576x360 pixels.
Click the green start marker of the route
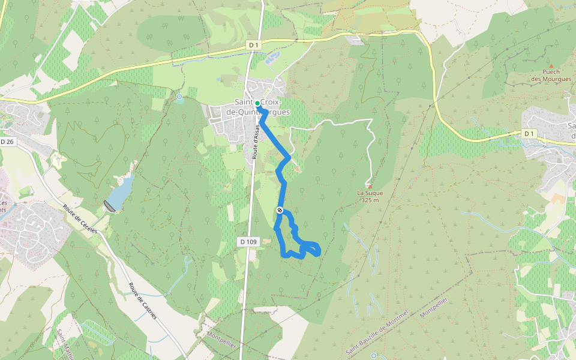pos(257,103)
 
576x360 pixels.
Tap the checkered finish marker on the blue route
pos(280,209)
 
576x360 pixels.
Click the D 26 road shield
pos(7,142)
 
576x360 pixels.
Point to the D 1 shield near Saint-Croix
pos(254,45)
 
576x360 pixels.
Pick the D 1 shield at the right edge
pos(528,133)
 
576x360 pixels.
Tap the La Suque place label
pos(370,193)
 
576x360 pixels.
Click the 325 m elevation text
pos(370,200)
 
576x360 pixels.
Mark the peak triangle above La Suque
pos(370,186)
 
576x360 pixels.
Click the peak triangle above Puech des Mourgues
pos(551,65)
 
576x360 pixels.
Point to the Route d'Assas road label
pos(254,146)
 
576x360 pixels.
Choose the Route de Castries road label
pos(143,301)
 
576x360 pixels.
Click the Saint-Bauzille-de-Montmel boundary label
pos(377,332)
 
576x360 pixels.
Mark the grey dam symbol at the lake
pos(109,206)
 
